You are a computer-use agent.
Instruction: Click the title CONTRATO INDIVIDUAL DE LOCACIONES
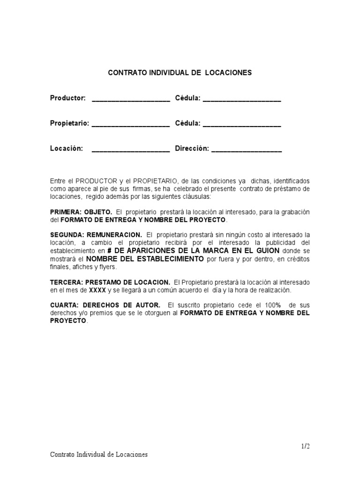(x=180, y=73)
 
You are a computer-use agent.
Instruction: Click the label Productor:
(x=68, y=98)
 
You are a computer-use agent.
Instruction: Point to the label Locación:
(x=67, y=149)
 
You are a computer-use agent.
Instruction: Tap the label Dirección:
(x=191, y=149)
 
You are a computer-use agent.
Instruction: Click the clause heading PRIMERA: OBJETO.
(x=81, y=212)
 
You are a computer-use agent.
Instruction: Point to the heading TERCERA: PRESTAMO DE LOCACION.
(x=110, y=282)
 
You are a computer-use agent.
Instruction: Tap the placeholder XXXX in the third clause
(x=98, y=290)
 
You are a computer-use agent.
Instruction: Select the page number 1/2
(x=305, y=446)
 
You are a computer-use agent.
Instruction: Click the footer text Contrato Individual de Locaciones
(x=99, y=455)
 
